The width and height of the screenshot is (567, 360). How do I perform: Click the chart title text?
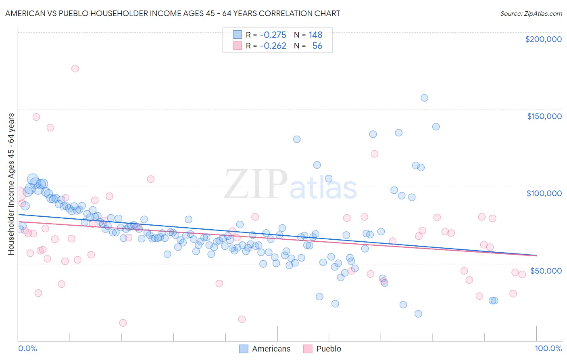(x=173, y=13)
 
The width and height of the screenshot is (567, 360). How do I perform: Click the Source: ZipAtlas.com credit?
(x=531, y=13)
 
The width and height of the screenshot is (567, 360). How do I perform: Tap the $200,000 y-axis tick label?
(x=543, y=39)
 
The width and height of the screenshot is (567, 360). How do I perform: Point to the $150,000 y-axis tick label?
(x=544, y=116)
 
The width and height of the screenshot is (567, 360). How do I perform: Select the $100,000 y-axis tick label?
(x=544, y=193)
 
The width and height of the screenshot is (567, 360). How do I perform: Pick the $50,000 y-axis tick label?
(x=546, y=270)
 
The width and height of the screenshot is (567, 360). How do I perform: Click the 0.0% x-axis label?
(x=27, y=348)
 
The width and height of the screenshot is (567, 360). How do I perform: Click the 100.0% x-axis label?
(x=548, y=348)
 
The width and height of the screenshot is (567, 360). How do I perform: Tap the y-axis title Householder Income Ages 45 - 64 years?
(x=11, y=184)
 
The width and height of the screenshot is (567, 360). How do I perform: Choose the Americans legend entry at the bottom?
(x=265, y=349)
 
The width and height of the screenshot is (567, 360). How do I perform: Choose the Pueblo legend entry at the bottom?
(x=323, y=349)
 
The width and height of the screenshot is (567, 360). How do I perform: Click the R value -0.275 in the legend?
(x=273, y=35)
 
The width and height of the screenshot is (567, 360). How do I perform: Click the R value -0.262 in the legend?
(x=273, y=46)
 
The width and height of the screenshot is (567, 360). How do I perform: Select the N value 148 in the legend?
(x=315, y=35)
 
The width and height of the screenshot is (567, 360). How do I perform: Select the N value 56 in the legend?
(x=317, y=46)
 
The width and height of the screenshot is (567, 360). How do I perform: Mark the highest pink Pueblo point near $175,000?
(x=75, y=69)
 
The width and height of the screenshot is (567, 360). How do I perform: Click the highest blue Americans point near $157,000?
(x=424, y=98)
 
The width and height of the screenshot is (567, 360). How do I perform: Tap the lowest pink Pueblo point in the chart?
(x=123, y=323)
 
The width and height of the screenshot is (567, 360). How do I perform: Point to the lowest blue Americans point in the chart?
(x=418, y=314)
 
